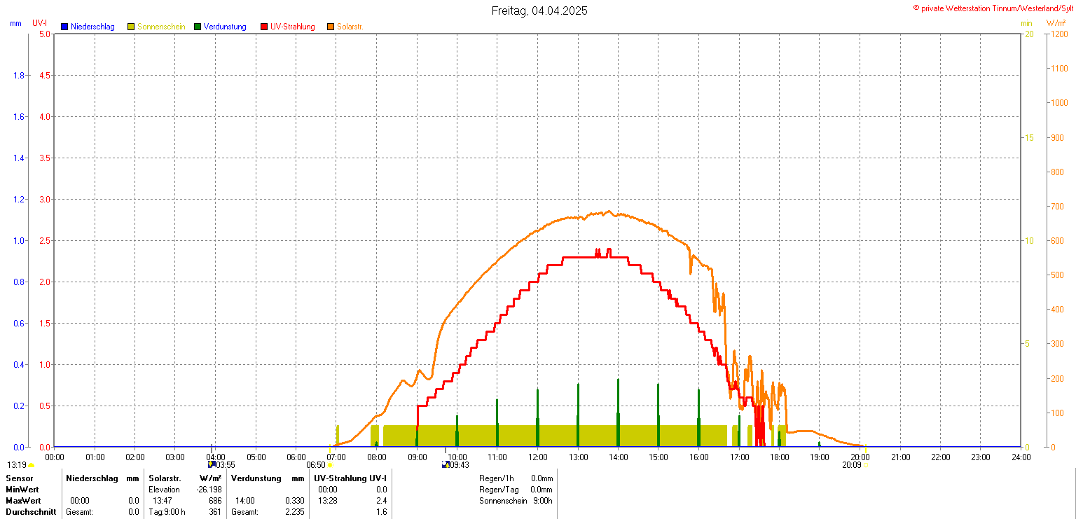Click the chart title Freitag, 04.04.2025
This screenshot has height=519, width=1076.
539,11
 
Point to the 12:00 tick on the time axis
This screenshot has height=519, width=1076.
537,457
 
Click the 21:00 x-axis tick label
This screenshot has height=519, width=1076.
900,457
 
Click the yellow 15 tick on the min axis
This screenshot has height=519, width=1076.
1029,137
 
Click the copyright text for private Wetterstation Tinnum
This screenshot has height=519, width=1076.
993,8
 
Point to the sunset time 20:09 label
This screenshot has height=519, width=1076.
851,464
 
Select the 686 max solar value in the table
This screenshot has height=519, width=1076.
215,501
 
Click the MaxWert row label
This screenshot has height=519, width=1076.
23,501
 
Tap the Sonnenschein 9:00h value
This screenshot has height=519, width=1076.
542,501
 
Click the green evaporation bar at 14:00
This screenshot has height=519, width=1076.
618,413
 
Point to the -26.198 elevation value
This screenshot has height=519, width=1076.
209,490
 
